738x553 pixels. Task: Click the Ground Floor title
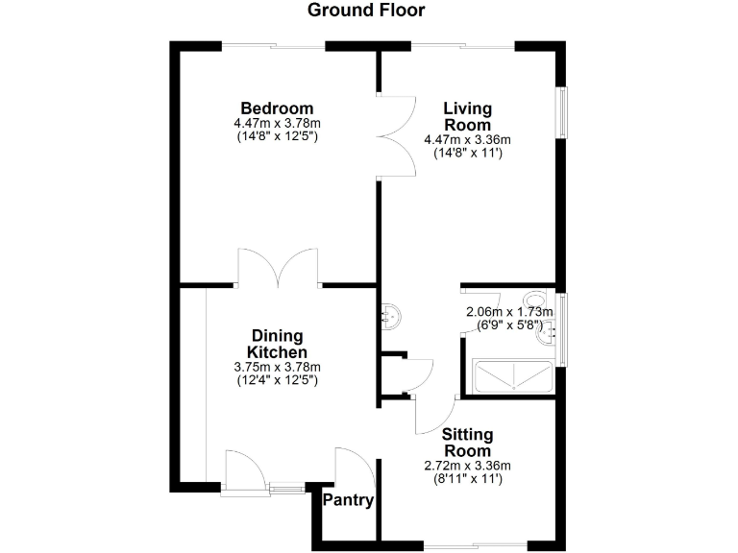365,11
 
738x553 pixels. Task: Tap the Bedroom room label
277,108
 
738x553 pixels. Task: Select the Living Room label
467,116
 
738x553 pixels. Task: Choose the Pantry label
348,500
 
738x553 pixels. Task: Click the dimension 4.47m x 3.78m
277,123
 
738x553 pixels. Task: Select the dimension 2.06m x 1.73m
509,312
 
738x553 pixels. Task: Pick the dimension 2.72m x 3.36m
466,465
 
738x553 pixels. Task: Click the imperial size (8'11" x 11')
466,477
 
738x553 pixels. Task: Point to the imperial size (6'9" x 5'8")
509,325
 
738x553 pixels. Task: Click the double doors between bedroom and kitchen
278,268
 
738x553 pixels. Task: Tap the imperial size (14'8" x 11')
467,152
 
